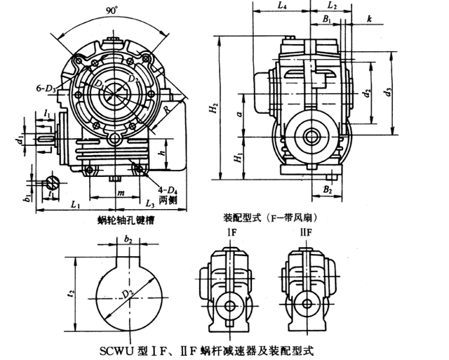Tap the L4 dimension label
(281, 6)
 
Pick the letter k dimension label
(369, 20)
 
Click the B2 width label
(327, 189)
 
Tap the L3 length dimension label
(149, 204)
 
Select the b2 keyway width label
(128, 239)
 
